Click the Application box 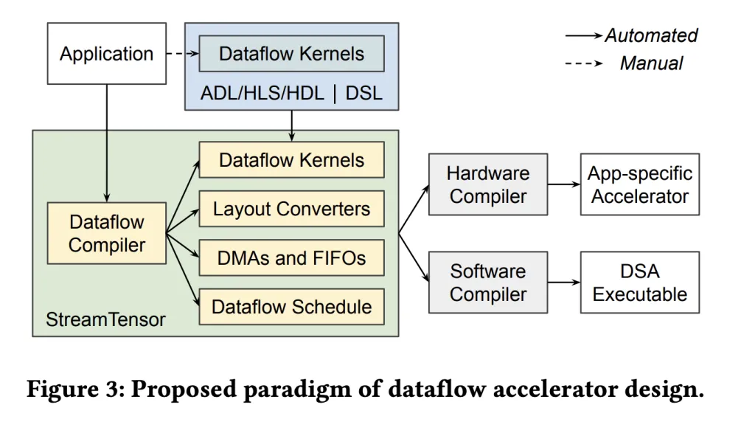pyautogui.click(x=107, y=53)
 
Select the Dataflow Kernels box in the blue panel pyautogui.click(x=291, y=54)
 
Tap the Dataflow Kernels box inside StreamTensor pyautogui.click(x=291, y=160)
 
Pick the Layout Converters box pyautogui.click(x=291, y=209)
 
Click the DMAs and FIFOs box pyautogui.click(x=291, y=258)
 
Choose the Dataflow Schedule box pyautogui.click(x=291, y=307)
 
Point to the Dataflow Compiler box pyautogui.click(x=107, y=234)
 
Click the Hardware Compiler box pyautogui.click(x=487, y=184)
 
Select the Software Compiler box pyautogui.click(x=487, y=283)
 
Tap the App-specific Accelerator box pyautogui.click(x=639, y=184)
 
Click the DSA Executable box pyautogui.click(x=639, y=283)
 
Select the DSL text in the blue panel pyautogui.click(x=364, y=94)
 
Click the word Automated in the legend pyautogui.click(x=650, y=35)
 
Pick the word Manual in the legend pyautogui.click(x=651, y=63)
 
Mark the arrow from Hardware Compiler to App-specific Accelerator pyautogui.click(x=563, y=184)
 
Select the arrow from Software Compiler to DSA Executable pyautogui.click(x=563, y=283)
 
